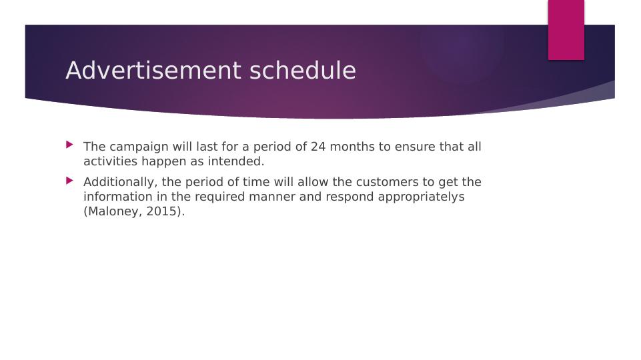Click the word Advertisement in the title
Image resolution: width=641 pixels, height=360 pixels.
[x=154, y=70]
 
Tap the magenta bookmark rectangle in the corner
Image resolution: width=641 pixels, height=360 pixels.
[x=566, y=30]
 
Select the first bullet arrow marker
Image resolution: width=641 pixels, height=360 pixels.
[x=70, y=145]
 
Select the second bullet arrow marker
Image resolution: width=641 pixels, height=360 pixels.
[x=70, y=180]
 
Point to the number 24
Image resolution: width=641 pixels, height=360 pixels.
[x=318, y=147]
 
